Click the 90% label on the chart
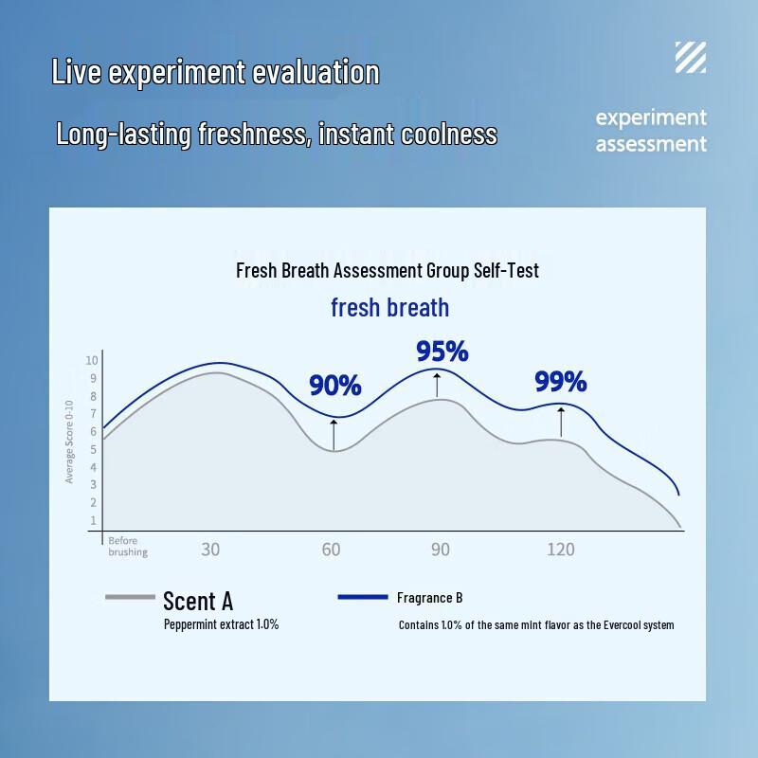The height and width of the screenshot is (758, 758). (335, 386)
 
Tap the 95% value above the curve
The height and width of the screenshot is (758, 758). (442, 352)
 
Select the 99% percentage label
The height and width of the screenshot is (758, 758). (561, 382)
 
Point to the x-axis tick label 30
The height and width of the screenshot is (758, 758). (210, 549)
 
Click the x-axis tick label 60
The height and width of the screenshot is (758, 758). (331, 549)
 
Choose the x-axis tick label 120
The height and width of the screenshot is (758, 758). (560, 549)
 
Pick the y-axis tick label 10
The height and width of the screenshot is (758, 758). (92, 360)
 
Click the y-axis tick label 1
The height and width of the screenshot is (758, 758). (94, 520)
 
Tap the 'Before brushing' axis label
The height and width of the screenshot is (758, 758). (128, 547)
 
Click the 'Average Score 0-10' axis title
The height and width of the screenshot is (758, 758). (69, 441)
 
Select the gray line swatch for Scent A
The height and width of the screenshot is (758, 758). (130, 597)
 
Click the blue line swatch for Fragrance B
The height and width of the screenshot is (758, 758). (362, 597)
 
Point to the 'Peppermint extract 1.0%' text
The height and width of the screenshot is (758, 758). (221, 624)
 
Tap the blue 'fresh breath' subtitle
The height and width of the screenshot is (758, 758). (389, 308)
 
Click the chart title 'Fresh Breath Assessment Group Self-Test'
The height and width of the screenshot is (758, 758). (387, 271)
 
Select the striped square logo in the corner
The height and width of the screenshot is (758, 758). (690, 58)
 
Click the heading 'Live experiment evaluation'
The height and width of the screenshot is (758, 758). (215, 72)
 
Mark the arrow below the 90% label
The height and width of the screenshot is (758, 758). (334, 433)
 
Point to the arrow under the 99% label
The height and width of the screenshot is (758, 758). (561, 422)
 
